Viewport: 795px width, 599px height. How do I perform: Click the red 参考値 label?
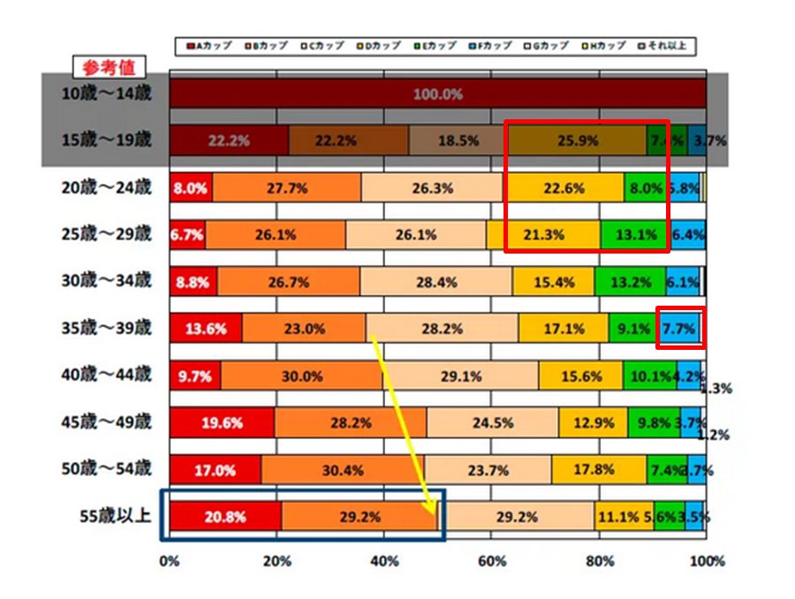107,67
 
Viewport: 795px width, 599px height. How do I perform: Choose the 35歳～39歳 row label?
107,328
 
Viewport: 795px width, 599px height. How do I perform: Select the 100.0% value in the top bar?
437,94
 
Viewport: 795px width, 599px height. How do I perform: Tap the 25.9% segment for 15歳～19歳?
579,140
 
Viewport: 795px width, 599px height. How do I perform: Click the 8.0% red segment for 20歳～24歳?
190,187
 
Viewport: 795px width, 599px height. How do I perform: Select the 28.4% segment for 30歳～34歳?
436,282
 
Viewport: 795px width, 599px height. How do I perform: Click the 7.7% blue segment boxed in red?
681,329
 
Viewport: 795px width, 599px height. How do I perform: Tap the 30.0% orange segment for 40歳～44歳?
302,375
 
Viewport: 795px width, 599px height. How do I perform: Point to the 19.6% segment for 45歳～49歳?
221,422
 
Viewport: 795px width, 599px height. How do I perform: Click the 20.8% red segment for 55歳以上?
225,517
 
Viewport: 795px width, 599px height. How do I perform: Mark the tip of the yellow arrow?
435,513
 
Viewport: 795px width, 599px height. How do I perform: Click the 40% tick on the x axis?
383,561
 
